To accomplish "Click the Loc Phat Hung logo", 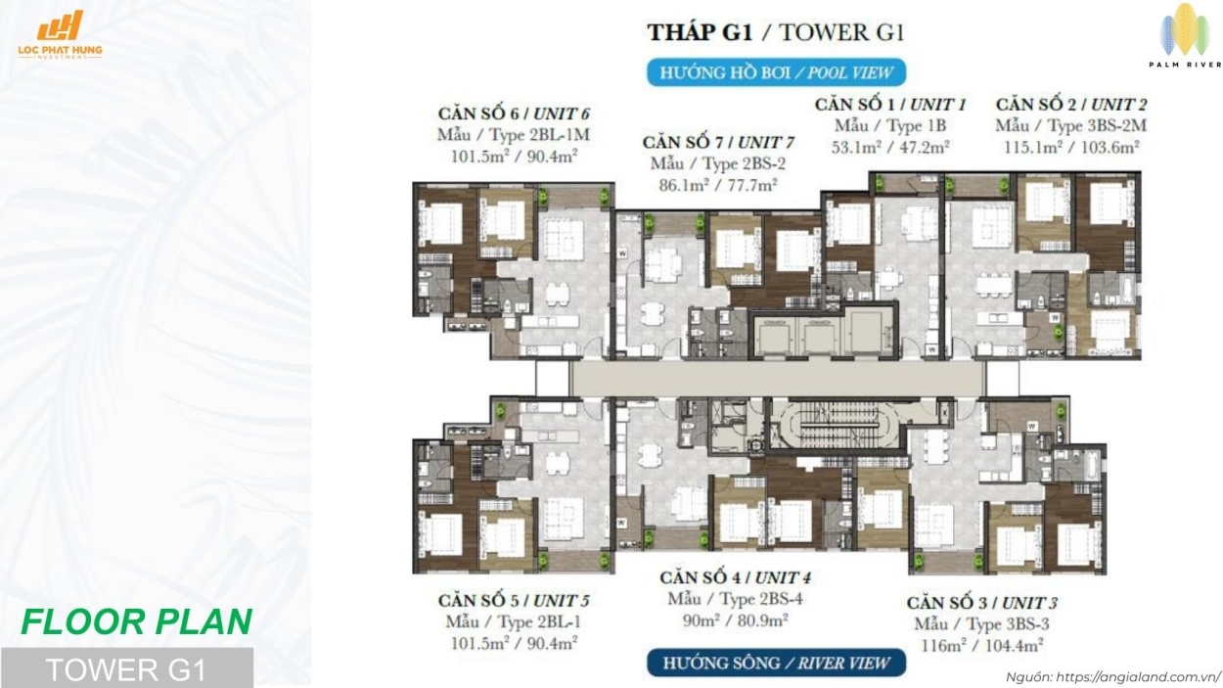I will [x=60, y=35].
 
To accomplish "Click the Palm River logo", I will [x=1185, y=36].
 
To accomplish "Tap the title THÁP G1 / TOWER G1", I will [x=775, y=31].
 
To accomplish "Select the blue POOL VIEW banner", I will [x=776, y=72].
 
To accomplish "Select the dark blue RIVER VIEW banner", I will [x=776, y=663].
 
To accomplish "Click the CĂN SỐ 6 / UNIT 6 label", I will [x=513, y=114].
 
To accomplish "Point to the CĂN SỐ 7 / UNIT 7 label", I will [x=718, y=142].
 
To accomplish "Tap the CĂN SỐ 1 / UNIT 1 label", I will [x=890, y=104].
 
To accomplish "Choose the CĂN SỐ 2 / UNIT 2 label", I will [x=1071, y=104].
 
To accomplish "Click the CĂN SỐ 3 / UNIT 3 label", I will [x=981, y=602].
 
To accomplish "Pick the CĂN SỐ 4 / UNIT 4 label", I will [x=735, y=577].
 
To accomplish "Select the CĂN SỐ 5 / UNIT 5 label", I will [x=513, y=600].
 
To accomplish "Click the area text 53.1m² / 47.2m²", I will [x=890, y=147].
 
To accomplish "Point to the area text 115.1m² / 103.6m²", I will [x=1071, y=147].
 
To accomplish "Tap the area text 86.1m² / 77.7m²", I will [x=713, y=184].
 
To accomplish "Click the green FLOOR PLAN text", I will [x=136, y=621].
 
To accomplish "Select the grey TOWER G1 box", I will [x=126, y=668].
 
